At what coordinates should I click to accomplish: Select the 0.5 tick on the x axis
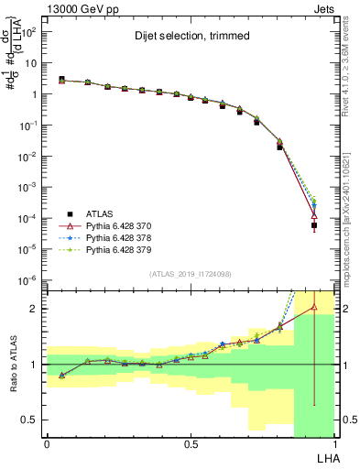coord(190,443)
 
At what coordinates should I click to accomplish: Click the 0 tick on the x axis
coord(47,443)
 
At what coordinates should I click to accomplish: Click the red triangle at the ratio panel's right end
coord(314,307)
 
